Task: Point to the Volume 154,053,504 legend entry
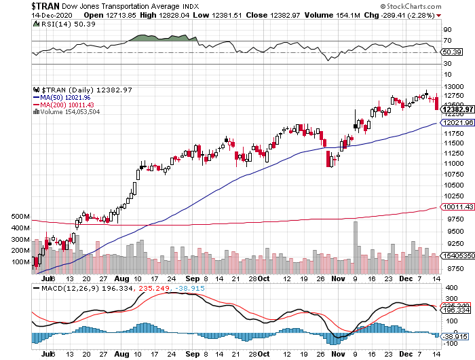pyautogui.click(x=71, y=112)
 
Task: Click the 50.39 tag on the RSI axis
pyautogui.click(x=451, y=52)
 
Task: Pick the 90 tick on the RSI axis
pyautogui.click(x=447, y=29)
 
